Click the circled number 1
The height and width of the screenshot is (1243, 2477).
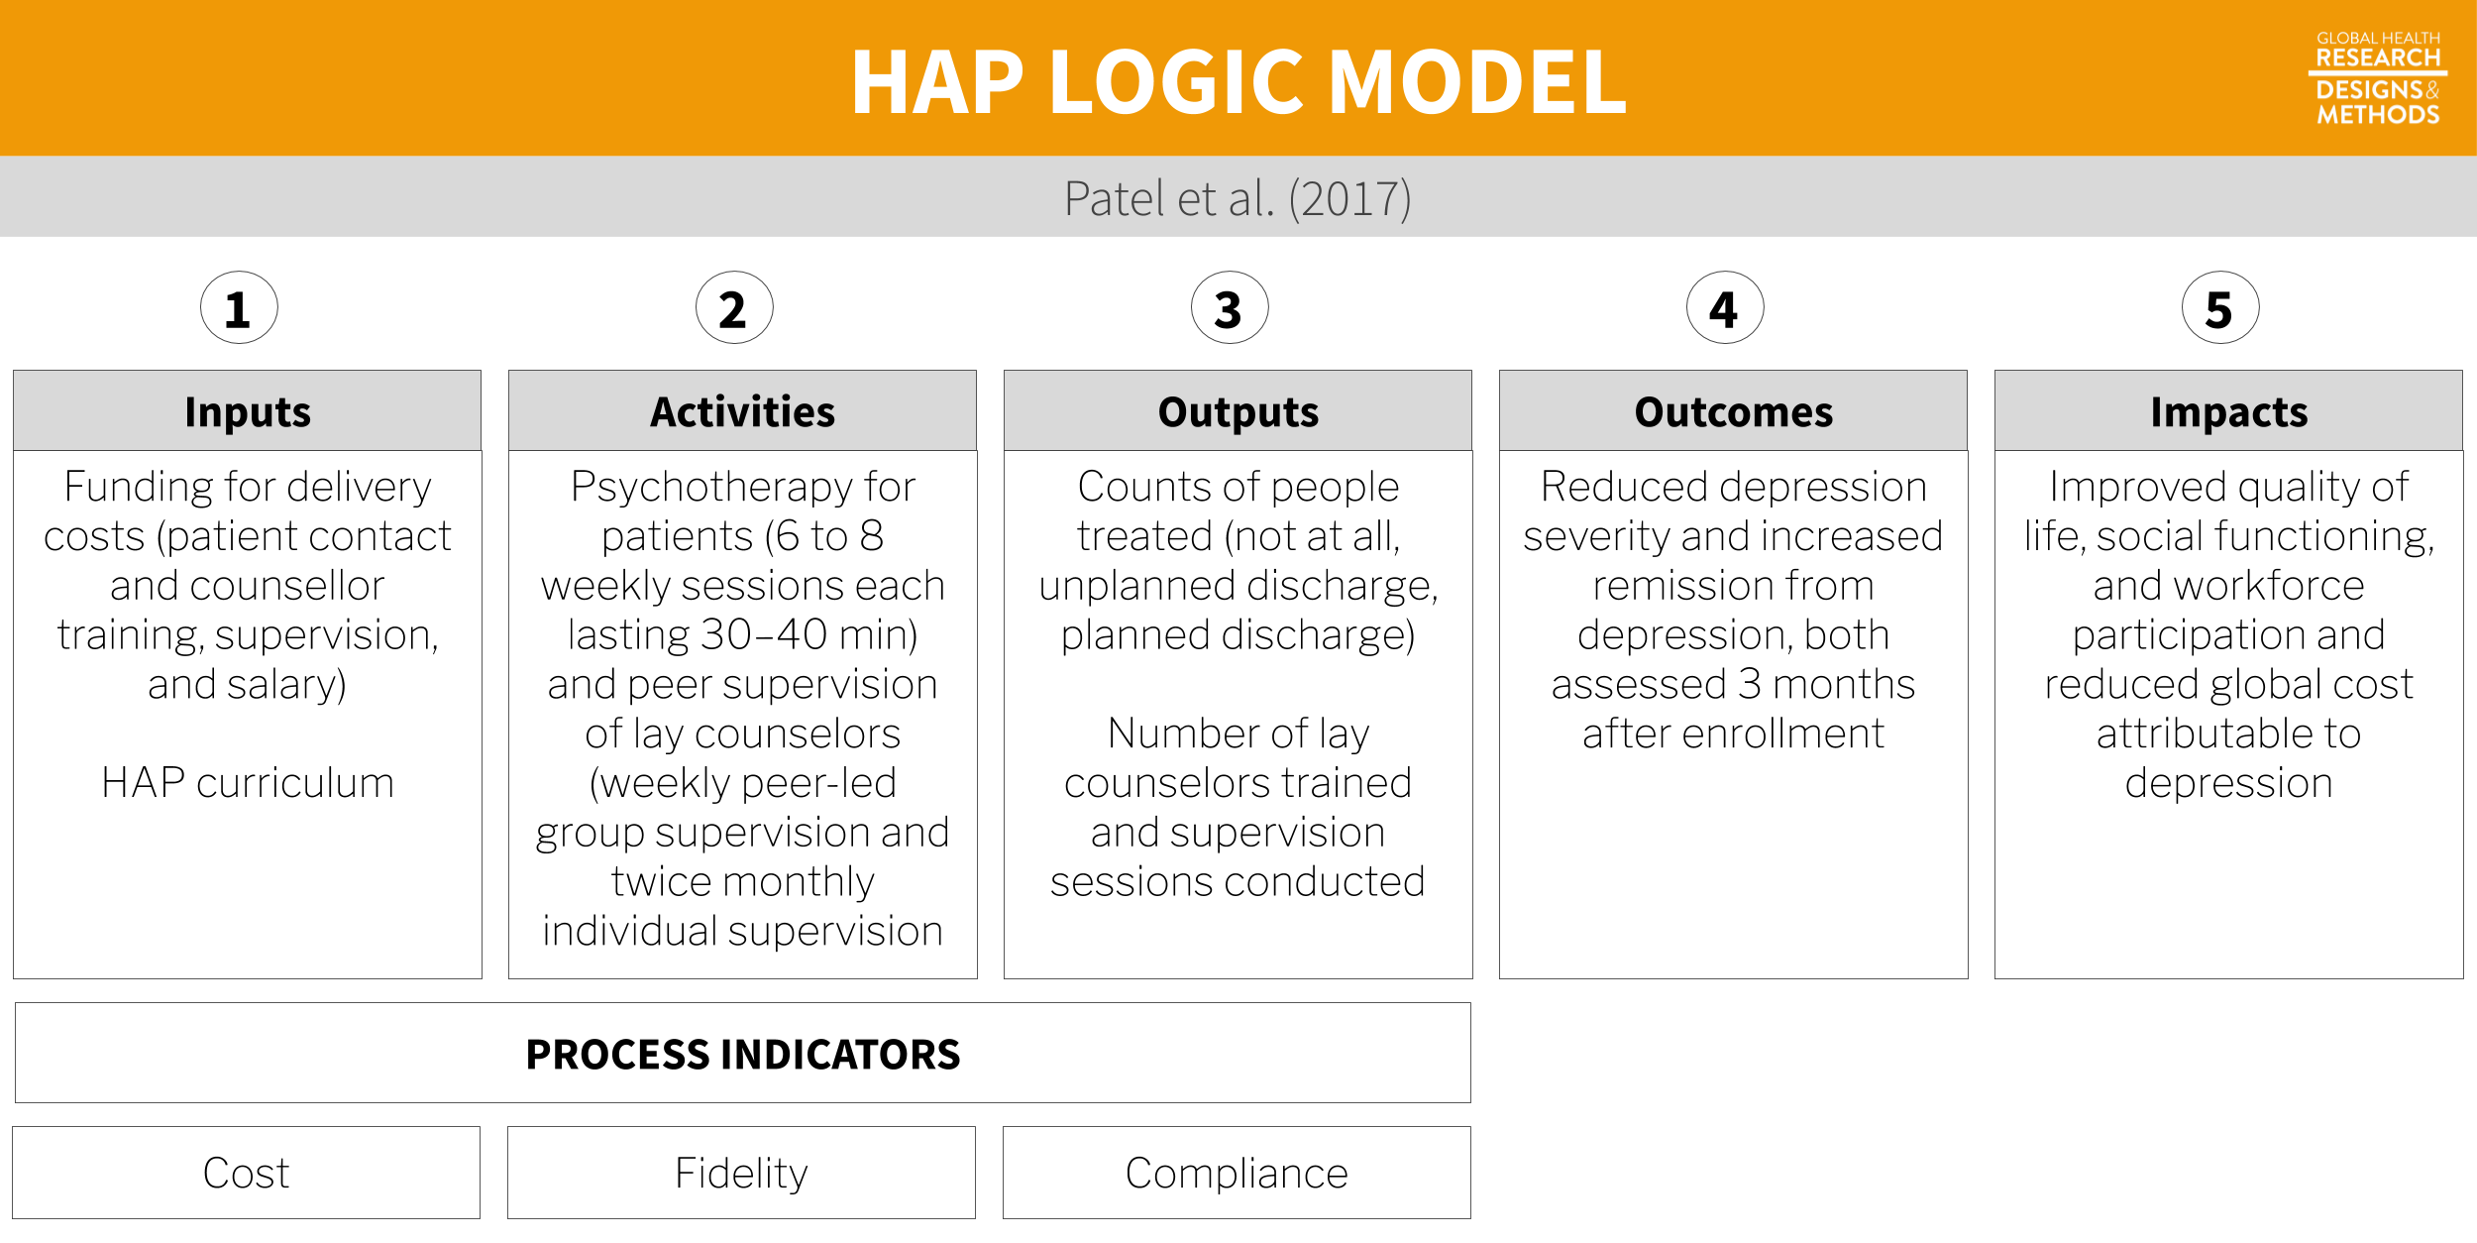click(x=239, y=307)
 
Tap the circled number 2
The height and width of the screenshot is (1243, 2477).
click(x=734, y=307)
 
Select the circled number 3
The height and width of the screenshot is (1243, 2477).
click(x=1230, y=307)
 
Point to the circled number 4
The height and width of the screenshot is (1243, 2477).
click(x=1725, y=307)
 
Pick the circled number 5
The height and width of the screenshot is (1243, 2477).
click(x=2220, y=307)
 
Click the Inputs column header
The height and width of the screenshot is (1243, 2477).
click(x=248, y=410)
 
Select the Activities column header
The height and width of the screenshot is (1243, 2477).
click(x=743, y=410)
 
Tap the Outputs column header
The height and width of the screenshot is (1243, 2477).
click(x=1238, y=410)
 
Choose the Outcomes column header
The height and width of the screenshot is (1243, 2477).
click(x=1734, y=410)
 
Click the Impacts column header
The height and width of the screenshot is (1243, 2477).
click(x=2229, y=410)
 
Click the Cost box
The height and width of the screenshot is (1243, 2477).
click(x=247, y=1173)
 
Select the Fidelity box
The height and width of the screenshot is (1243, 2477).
click(x=742, y=1173)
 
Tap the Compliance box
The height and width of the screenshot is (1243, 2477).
click(x=1238, y=1173)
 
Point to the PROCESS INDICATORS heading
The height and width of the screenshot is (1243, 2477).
click(x=743, y=1054)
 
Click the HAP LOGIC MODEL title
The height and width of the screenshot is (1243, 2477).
click(x=1238, y=82)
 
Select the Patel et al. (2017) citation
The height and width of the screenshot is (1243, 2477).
click(x=1238, y=198)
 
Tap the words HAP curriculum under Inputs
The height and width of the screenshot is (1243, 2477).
click(x=248, y=783)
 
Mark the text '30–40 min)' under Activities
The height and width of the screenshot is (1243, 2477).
click(x=809, y=634)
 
